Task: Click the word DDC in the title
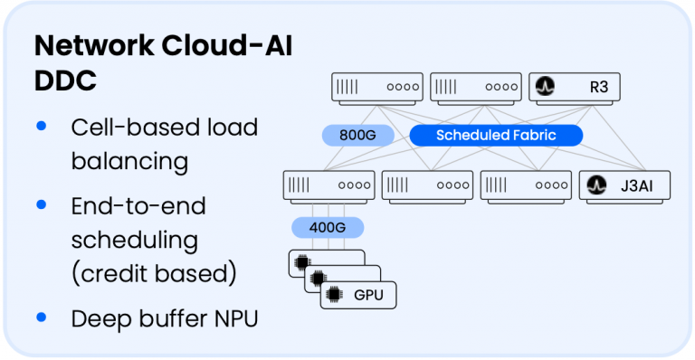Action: point(65,80)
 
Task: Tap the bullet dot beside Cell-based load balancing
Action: point(41,127)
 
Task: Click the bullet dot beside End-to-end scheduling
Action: point(41,206)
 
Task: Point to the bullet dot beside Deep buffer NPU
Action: point(41,317)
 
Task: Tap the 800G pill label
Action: point(358,136)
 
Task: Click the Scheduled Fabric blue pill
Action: point(495,136)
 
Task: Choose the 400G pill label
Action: point(327,227)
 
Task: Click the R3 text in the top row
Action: point(596,87)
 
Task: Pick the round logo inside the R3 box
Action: point(545,87)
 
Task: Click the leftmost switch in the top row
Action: point(376,87)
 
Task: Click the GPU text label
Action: point(367,295)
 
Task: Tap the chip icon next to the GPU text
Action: point(333,294)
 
